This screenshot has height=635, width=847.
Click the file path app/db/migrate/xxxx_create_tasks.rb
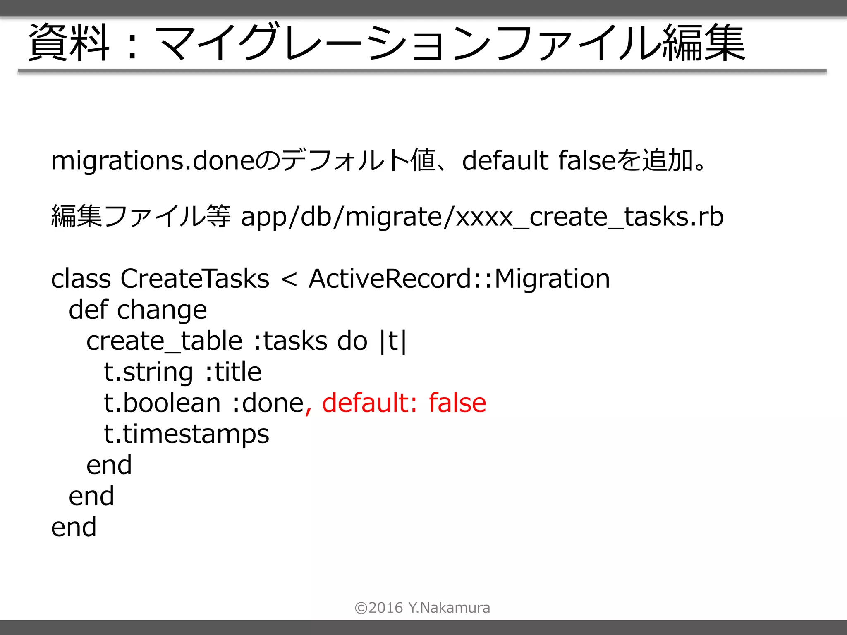[x=482, y=217]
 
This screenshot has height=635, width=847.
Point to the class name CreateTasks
[x=195, y=279]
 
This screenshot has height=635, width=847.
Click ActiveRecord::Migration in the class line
[x=459, y=279]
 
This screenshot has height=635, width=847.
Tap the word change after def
[x=162, y=310]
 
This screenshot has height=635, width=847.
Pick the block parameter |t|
[x=393, y=341]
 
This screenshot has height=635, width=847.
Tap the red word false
[x=457, y=403]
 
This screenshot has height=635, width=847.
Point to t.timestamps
[x=187, y=434]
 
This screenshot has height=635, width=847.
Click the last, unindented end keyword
[x=74, y=528]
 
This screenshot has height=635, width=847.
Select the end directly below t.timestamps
[x=109, y=466]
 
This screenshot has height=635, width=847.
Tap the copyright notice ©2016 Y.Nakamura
[x=422, y=608]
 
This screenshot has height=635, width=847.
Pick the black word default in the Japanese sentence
[x=505, y=161]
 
